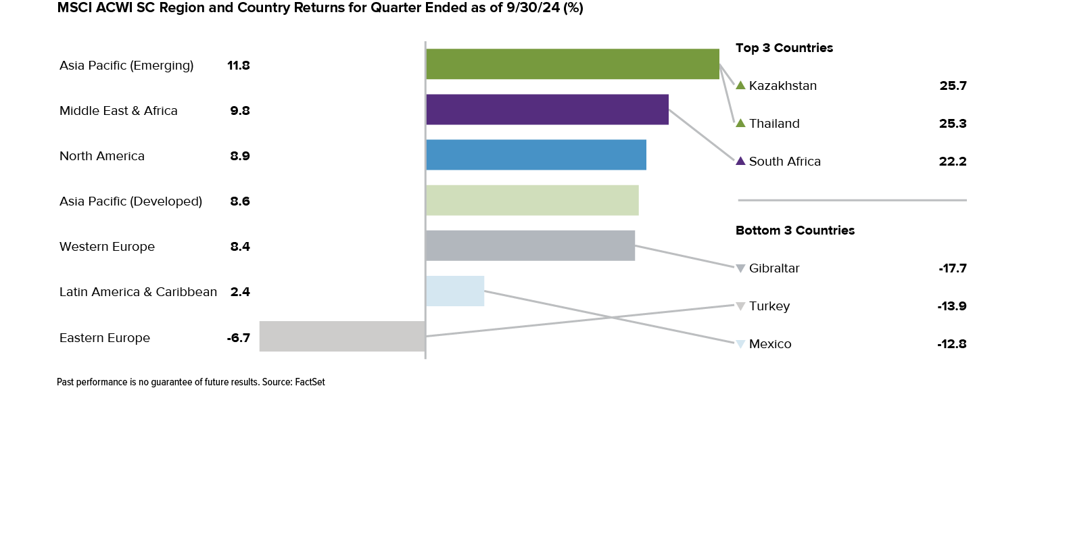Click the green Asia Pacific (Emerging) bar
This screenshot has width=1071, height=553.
coord(572,64)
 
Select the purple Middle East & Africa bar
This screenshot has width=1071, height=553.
coord(547,110)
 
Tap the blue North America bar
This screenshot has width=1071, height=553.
coord(535,155)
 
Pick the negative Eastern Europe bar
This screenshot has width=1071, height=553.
coord(341,336)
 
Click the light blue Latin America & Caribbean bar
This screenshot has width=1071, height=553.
coord(455,291)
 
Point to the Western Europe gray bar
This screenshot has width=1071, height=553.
coord(530,245)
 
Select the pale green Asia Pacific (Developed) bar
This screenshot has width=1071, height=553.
coord(532,200)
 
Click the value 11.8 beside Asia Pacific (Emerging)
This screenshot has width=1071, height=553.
coord(239,66)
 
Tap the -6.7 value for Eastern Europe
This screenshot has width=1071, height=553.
coord(239,338)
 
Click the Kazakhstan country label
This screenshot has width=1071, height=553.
coord(783,86)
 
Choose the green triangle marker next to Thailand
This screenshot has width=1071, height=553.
coord(740,123)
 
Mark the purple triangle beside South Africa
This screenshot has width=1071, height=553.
coord(740,161)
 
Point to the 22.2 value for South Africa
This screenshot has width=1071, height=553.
coord(953,162)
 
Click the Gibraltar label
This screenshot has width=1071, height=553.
coord(774,268)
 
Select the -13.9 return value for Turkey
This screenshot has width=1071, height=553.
coord(952,306)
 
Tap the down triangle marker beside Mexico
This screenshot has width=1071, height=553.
coord(740,344)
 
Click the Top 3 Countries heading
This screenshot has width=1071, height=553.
coord(784,48)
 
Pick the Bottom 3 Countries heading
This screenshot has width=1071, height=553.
coord(795,231)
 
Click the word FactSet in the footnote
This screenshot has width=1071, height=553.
coord(310,382)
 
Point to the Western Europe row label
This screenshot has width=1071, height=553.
coord(107,247)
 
